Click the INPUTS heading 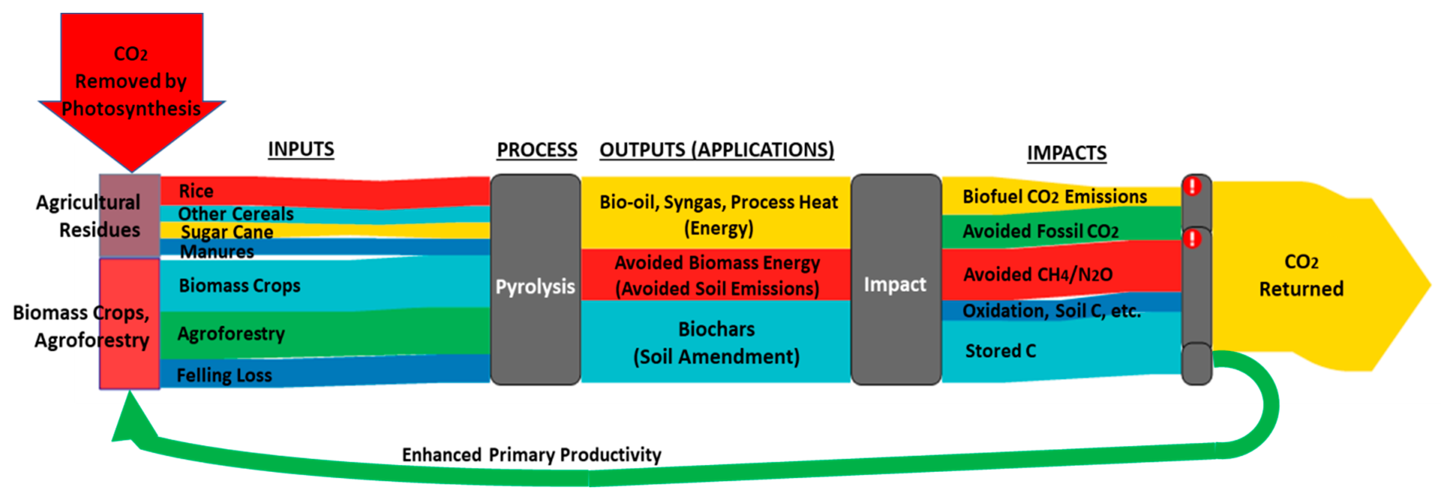(301, 149)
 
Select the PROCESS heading (537, 150)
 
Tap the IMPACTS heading (1066, 153)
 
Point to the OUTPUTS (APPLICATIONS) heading (717, 150)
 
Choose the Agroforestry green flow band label (231, 334)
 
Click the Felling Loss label (224, 375)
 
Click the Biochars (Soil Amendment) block (716, 343)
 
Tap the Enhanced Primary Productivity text (531, 455)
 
